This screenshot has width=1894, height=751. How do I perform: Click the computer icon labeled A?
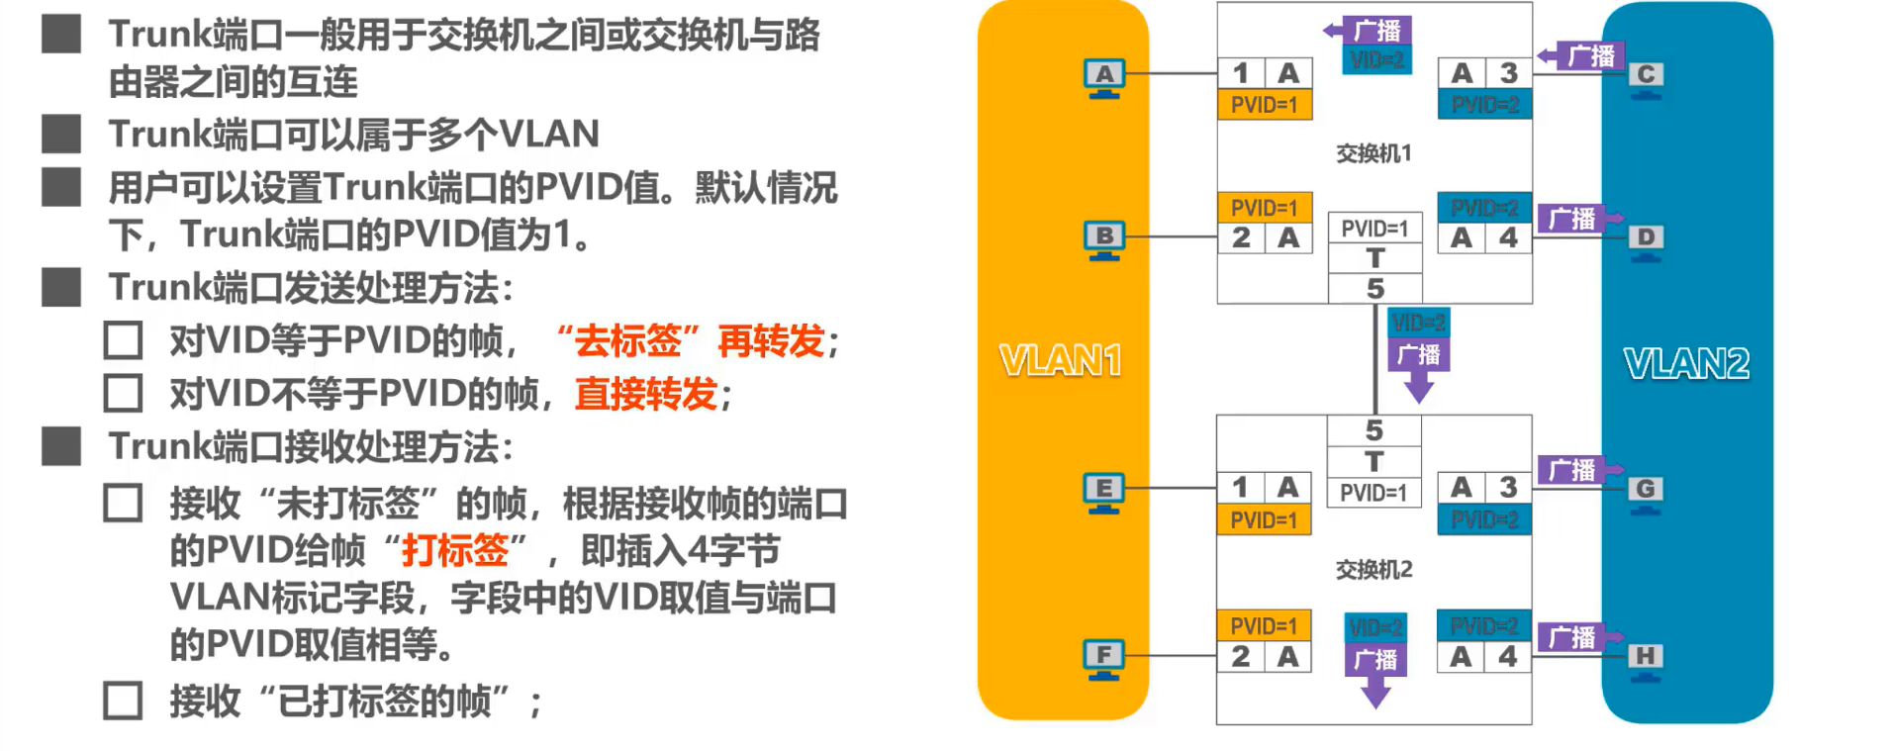click(x=1104, y=77)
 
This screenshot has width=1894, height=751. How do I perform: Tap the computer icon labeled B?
click(x=1104, y=239)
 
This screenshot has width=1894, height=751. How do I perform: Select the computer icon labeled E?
click(x=1103, y=492)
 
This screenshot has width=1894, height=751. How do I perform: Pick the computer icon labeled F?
click(x=1103, y=658)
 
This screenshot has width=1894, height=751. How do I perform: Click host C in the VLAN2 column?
click(x=1646, y=77)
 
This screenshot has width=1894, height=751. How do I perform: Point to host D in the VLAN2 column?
click(x=1646, y=240)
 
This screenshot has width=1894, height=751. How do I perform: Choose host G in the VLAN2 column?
click(x=1645, y=492)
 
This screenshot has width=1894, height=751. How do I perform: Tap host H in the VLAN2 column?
click(x=1645, y=659)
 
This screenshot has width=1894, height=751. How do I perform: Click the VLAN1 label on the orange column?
click(x=1061, y=361)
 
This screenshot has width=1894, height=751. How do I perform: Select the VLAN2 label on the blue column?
click(x=1686, y=364)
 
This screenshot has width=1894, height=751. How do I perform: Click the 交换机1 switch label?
click(x=1373, y=153)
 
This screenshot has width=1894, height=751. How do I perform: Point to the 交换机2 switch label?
click(x=1373, y=570)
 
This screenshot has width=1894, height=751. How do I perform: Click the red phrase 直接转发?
click(x=645, y=394)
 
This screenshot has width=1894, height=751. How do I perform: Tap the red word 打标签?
click(x=454, y=550)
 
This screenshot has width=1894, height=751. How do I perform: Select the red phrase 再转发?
click(x=771, y=341)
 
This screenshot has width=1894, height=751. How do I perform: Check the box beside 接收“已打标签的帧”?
click(x=123, y=701)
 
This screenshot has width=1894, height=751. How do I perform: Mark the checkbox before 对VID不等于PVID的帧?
click(x=123, y=394)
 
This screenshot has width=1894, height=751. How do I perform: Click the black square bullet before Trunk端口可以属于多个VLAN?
click(x=61, y=134)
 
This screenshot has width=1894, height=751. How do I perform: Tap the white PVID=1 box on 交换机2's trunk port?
click(x=1373, y=493)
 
